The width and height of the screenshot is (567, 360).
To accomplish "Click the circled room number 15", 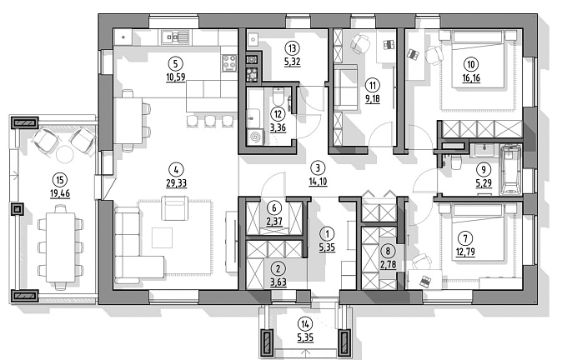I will [58, 178].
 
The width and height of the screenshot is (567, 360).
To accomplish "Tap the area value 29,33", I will [174, 177].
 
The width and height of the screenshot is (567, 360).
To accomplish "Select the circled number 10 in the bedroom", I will [472, 63].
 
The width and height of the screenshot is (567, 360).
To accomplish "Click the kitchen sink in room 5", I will [177, 37].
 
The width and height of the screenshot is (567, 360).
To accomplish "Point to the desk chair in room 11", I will [360, 44].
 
